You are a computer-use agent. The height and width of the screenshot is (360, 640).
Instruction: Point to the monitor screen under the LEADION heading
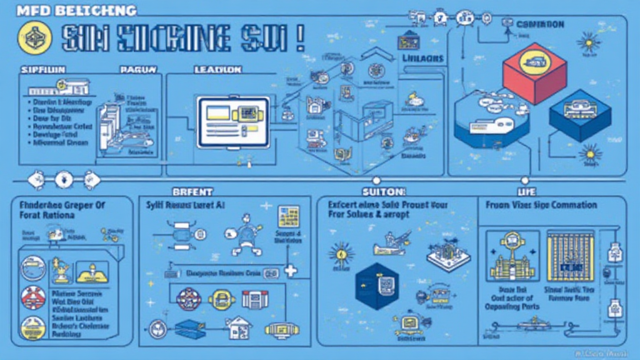click(233, 121)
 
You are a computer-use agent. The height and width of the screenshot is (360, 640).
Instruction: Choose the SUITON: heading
click(384, 191)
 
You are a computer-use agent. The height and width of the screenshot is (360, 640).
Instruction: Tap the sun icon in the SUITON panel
click(341, 254)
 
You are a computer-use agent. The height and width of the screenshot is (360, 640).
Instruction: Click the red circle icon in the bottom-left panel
click(33, 297)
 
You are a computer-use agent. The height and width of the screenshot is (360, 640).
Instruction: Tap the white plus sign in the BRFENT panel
click(290, 271)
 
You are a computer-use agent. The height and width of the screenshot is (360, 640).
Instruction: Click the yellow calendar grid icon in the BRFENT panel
click(289, 216)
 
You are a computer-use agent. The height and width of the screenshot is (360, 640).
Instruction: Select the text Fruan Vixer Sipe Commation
click(541, 204)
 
